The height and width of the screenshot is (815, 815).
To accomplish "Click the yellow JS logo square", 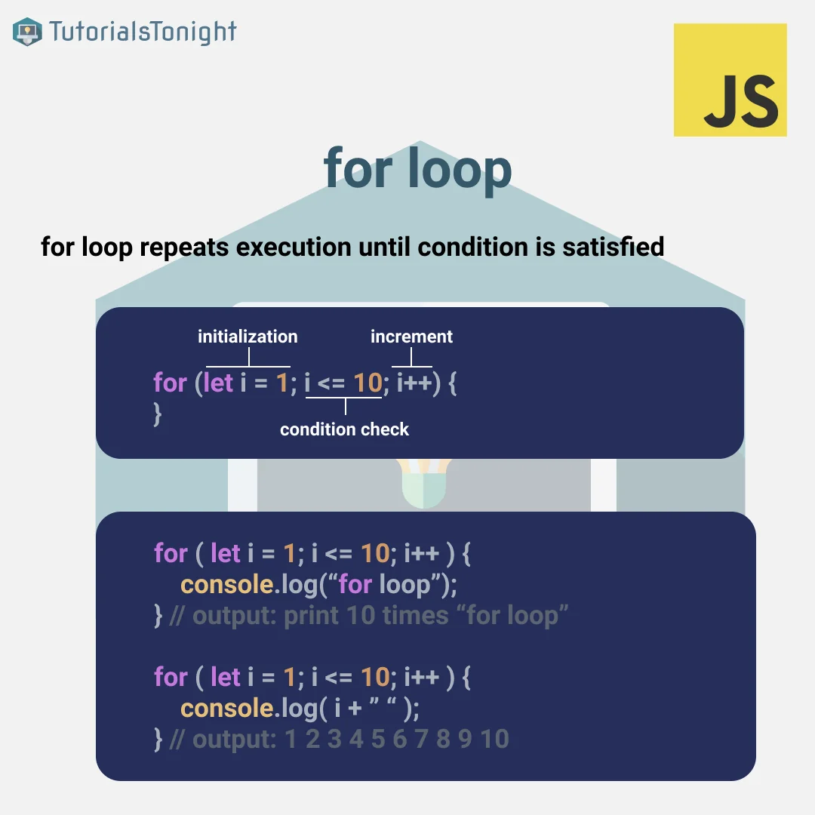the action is [730, 79].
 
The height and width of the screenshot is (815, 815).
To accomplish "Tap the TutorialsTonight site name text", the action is [143, 32].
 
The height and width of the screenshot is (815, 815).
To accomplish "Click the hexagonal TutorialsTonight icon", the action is [27, 32].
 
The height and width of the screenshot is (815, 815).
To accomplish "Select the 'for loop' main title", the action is [417, 168].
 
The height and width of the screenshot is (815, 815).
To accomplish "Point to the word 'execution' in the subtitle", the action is [294, 247].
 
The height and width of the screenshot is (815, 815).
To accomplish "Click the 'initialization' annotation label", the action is [248, 337].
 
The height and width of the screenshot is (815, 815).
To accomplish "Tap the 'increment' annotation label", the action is [411, 337].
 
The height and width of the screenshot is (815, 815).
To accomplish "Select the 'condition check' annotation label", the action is [344, 429].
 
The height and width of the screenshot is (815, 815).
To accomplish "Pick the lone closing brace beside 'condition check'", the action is [158, 414].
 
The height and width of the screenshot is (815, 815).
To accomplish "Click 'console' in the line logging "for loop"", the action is [227, 584].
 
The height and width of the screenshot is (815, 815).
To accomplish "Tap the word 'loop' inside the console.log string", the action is [405, 586].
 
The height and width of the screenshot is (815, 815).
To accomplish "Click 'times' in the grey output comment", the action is [415, 616].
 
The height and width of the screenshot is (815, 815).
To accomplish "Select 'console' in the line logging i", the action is [227, 708].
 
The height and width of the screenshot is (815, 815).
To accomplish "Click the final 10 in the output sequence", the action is [495, 739].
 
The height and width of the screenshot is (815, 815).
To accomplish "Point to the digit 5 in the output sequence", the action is [378, 739].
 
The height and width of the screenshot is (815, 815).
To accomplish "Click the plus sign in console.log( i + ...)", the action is [355, 709].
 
